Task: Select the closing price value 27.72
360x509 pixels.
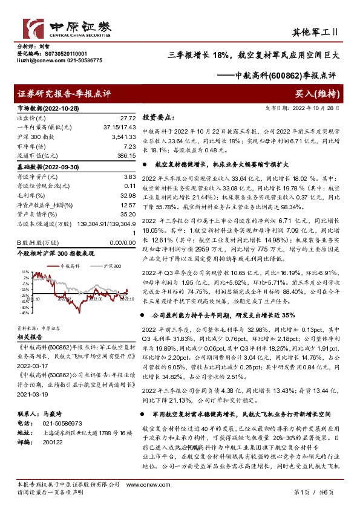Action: pos(128,118)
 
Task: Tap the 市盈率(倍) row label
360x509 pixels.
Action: pos(31,146)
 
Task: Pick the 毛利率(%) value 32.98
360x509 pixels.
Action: pos(128,195)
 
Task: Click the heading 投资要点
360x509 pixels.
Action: pos(157,118)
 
